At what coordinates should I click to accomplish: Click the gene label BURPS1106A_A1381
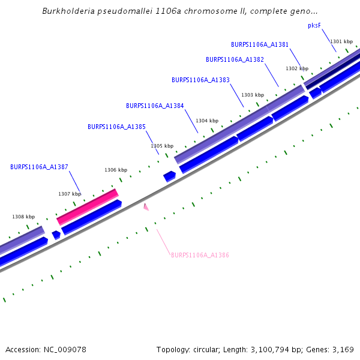[260, 44]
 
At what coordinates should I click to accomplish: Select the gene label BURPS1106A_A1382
[235, 59]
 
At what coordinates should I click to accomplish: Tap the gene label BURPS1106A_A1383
[200, 80]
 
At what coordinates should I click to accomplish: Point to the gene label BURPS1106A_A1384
[155, 106]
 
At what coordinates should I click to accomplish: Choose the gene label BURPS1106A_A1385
[116, 127]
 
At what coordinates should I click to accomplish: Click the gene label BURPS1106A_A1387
[39, 167]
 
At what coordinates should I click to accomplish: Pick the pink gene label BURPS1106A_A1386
[200, 255]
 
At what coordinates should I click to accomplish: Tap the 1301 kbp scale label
[341, 41]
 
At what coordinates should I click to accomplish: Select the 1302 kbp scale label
[297, 68]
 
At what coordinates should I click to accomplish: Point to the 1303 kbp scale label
[253, 95]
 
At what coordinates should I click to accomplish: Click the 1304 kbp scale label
[207, 121]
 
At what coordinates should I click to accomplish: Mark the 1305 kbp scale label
[162, 146]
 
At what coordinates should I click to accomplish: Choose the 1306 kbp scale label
[116, 170]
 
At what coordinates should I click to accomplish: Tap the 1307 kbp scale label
[70, 194]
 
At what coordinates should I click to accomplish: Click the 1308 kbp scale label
[23, 217]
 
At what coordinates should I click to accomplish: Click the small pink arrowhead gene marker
[146, 207]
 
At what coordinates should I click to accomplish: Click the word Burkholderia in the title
[70, 11]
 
